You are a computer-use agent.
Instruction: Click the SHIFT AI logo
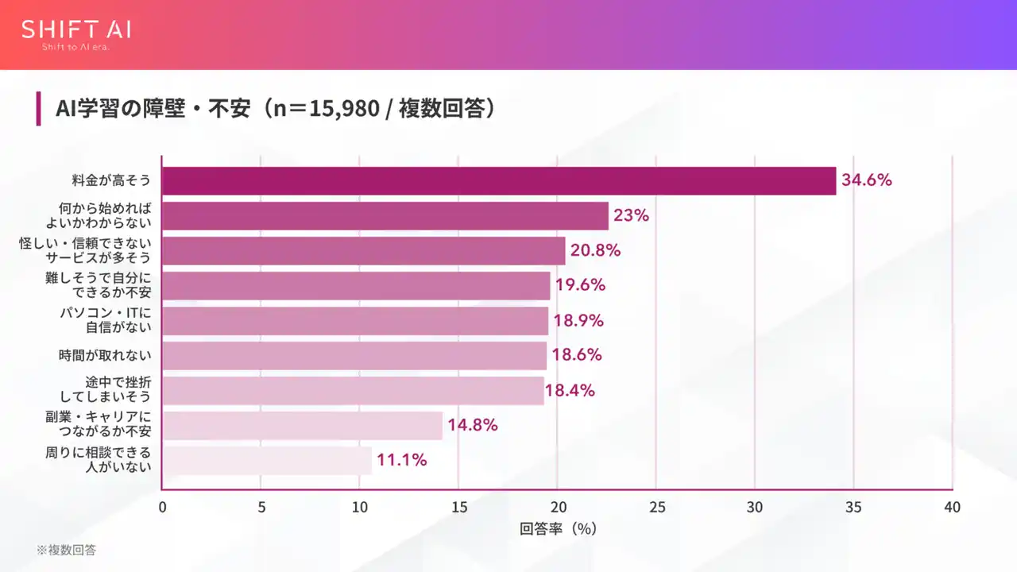click(76, 30)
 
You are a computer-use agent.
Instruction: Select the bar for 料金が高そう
click(498, 181)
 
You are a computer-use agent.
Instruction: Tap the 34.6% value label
click(867, 180)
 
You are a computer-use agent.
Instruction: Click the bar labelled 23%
click(385, 216)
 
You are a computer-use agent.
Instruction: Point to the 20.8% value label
click(595, 250)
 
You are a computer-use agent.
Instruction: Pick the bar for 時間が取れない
click(354, 356)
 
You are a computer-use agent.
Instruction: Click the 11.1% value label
click(401, 460)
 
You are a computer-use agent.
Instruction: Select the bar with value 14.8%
click(302, 426)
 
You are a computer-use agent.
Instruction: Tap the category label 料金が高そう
click(110, 181)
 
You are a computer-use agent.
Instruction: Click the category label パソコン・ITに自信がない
click(106, 321)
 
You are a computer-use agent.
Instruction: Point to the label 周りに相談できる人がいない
click(98, 460)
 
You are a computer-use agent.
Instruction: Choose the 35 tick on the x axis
click(853, 508)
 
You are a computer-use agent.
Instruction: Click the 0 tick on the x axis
click(162, 508)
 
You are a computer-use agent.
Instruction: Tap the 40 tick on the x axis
click(952, 508)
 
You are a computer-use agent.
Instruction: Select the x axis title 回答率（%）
click(558, 528)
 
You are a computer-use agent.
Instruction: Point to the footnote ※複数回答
click(66, 550)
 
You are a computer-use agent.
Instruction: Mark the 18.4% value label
click(570, 391)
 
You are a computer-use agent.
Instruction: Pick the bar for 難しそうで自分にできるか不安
click(356, 286)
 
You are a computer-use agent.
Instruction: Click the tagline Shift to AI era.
click(75, 48)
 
